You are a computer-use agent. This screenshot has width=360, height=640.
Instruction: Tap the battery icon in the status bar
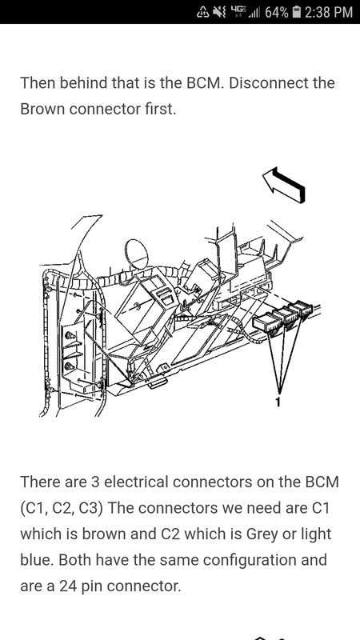tap(297, 12)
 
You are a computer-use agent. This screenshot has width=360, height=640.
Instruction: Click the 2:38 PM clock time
tap(328, 12)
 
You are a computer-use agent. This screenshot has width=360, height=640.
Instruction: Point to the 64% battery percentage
tap(276, 12)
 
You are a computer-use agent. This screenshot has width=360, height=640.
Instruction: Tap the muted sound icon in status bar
tap(219, 12)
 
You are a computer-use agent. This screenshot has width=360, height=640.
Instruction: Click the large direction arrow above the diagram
tap(284, 185)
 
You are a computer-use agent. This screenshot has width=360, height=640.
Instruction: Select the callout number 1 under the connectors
tap(278, 402)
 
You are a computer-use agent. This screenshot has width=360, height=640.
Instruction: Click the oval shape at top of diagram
tap(137, 254)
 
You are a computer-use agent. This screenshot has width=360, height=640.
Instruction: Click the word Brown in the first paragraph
tap(43, 109)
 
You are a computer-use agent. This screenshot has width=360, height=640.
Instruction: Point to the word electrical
tap(137, 482)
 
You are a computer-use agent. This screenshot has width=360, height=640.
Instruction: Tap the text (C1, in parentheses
tap(34, 509)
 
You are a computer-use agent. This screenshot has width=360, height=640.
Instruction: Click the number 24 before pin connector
tap(68, 586)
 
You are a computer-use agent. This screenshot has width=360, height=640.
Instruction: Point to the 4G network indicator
tap(238, 11)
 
